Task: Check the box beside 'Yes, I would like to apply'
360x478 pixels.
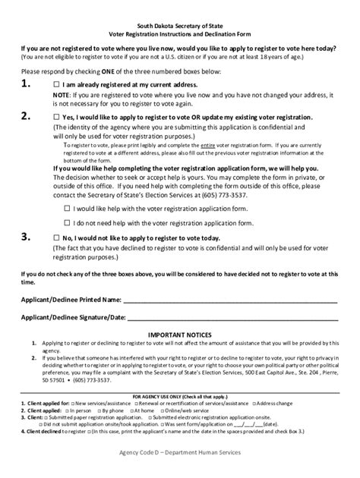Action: [x=57, y=118]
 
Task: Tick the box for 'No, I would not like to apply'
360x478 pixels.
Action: [x=57, y=237]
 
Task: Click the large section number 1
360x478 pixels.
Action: [x=27, y=84]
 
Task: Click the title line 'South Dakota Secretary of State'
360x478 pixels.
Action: [x=179, y=26]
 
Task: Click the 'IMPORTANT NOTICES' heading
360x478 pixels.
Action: [x=179, y=335]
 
